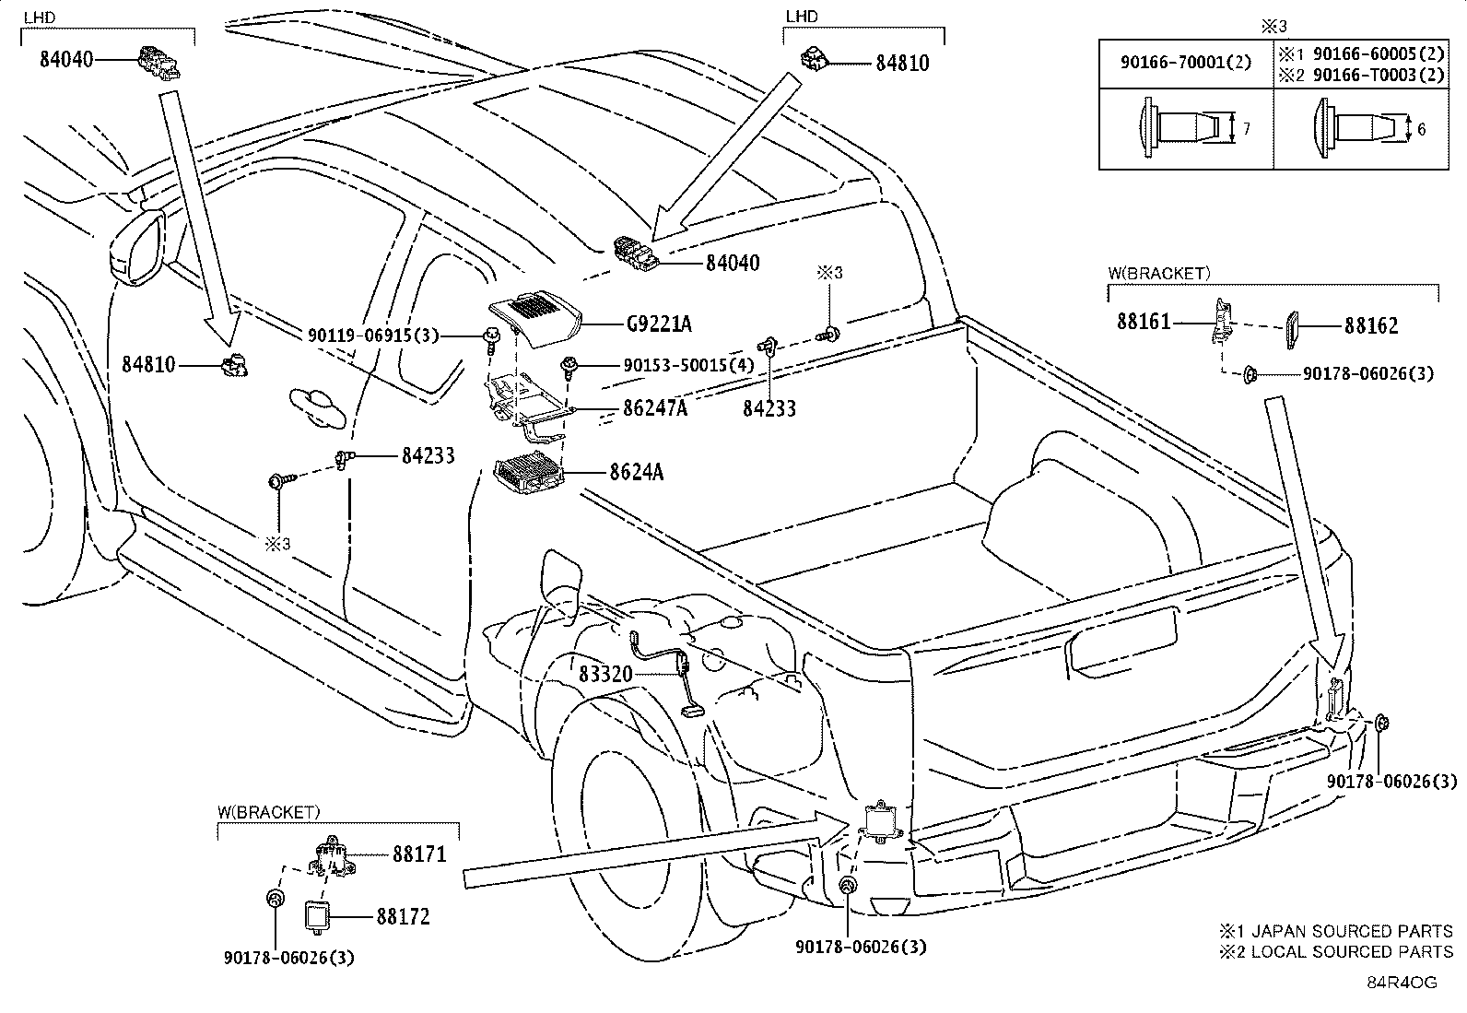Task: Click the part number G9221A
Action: coord(659,324)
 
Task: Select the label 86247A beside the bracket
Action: coord(655,408)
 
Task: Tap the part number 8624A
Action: coord(637,472)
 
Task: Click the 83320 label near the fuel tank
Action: coord(605,674)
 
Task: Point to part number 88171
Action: coord(420,854)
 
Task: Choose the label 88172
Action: coord(404,917)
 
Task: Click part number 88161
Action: coord(1144,322)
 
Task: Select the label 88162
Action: coord(1371,325)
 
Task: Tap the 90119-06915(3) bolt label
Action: coord(373,336)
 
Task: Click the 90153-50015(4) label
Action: coord(688,365)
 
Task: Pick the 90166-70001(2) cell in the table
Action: coord(1185,63)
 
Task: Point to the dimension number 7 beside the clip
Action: coord(1246,128)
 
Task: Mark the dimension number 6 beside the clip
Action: coord(1421,129)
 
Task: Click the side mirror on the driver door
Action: coord(136,248)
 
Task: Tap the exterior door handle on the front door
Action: coord(316,406)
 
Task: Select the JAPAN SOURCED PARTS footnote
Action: coord(1336,931)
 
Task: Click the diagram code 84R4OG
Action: coord(1402,983)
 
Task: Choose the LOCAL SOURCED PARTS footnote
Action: coord(1336,951)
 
